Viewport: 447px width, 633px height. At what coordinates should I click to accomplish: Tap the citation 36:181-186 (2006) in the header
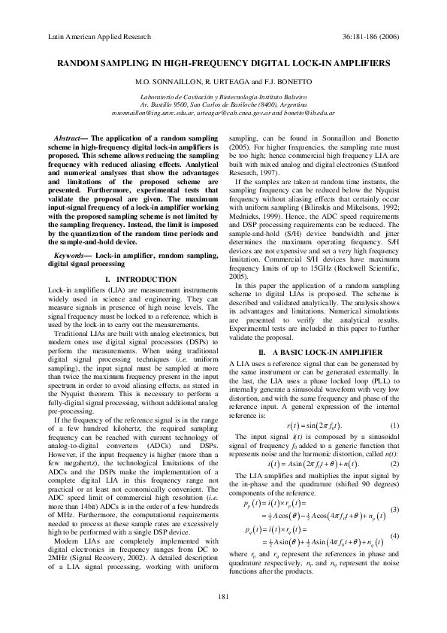click(x=371, y=35)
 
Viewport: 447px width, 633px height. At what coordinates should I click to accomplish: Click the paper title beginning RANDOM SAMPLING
click(x=222, y=65)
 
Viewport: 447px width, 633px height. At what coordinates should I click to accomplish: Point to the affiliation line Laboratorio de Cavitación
click(x=222, y=98)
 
